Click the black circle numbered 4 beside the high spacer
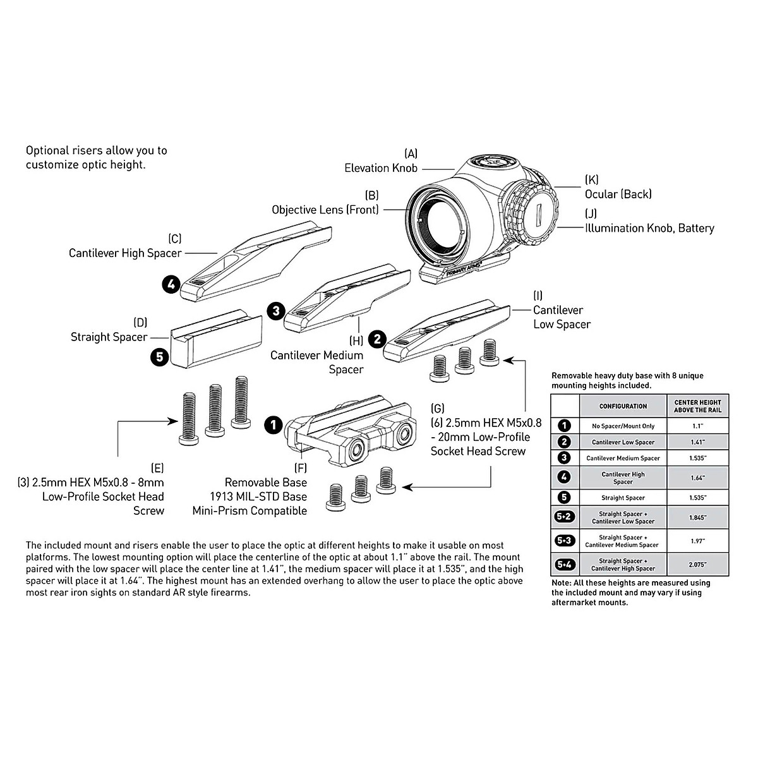(170, 284)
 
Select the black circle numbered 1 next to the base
(273, 424)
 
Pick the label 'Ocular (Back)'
(618, 195)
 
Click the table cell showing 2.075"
(697, 565)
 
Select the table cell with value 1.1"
(697, 426)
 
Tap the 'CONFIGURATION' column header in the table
(623, 406)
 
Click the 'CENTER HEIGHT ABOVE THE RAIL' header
(697, 406)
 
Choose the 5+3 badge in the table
(564, 541)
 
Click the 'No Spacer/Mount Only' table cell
(623, 426)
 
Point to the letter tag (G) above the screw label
(438, 408)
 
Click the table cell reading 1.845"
(697, 517)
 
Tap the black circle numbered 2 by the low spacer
(377, 339)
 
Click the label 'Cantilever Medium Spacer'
(316, 362)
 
